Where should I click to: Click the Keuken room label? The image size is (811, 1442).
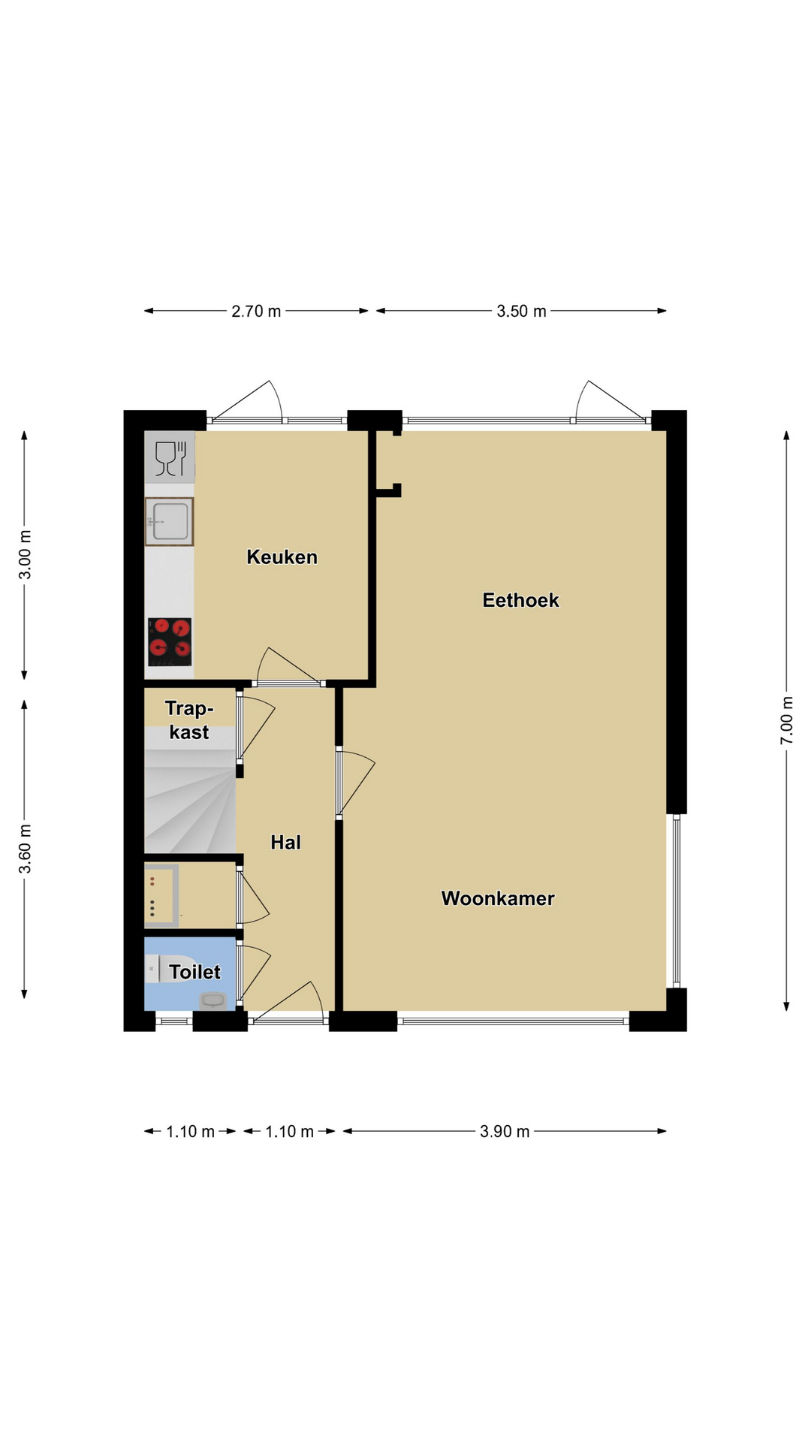282,557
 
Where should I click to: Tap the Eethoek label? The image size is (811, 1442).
520,600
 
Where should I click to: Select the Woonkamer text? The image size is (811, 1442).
498,898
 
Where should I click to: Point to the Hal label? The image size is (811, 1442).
285,843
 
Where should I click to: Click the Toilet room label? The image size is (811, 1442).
194,972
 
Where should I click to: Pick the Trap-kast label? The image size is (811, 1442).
189,720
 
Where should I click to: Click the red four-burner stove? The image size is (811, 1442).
170,642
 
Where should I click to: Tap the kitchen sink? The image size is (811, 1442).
170,521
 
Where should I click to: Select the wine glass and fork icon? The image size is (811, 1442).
170,457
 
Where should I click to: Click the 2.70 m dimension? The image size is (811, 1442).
256,311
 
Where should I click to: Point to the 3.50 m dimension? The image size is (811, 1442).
521,311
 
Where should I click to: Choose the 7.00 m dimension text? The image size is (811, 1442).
786,721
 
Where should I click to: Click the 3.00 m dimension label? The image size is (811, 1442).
25,554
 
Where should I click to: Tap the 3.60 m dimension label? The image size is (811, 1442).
25,849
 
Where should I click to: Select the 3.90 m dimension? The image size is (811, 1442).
505,1131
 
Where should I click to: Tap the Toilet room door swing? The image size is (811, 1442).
254,974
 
